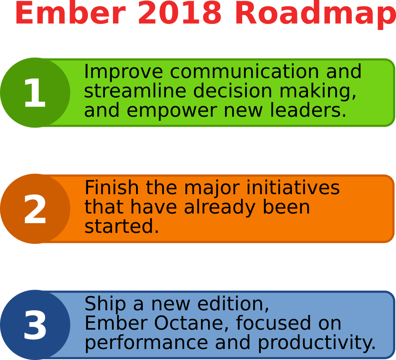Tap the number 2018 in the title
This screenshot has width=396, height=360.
[179, 13]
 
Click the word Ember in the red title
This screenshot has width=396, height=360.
[70, 13]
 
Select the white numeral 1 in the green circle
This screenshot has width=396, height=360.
[35, 93]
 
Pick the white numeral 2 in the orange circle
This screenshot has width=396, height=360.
[35, 209]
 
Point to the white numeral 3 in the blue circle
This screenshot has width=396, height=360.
[35, 325]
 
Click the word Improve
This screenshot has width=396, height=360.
[123, 72]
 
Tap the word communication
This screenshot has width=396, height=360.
[244, 72]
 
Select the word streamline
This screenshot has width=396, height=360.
[135, 91]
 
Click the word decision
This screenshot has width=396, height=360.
[233, 91]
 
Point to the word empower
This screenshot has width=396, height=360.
[171, 112]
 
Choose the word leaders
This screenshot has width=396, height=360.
[308, 110]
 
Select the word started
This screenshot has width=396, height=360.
[121, 226]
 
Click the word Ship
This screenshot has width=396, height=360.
[105, 305]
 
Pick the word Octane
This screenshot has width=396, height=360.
[191, 323]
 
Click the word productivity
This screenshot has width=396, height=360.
[317, 343]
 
